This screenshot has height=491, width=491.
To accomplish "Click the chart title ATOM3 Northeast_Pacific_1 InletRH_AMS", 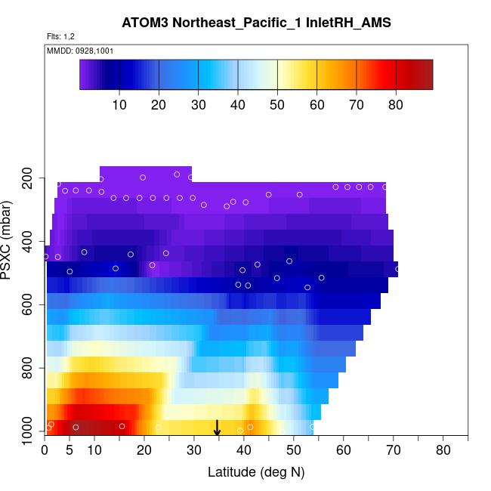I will point(256,23).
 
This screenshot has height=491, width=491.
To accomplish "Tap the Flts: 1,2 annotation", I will point(60,36).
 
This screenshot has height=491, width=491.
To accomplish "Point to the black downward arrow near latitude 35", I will point(217,428).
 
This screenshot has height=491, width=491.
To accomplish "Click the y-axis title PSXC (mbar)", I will point(16,246).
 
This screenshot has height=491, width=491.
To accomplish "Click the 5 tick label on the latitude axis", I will point(70,451).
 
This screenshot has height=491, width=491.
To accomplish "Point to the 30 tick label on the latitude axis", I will point(194,451).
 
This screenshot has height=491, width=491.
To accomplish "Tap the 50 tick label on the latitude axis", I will point(294,451).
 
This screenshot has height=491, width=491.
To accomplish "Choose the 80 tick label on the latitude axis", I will point(443,451).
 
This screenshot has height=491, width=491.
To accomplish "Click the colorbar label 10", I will point(119,104).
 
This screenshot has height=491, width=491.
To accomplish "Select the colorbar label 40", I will point(238,104).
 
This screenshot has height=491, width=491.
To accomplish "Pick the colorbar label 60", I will point(317,104).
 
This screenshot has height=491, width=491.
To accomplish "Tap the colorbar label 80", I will point(395,104).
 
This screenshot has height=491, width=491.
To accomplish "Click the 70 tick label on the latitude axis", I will point(393,451).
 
